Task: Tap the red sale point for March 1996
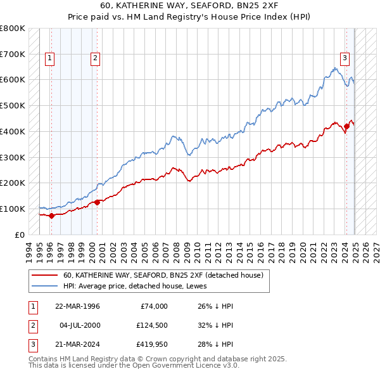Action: click(x=51, y=216)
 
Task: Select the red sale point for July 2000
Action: click(x=97, y=202)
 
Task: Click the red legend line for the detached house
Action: click(x=45, y=275)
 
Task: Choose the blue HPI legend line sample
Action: click(x=45, y=286)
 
